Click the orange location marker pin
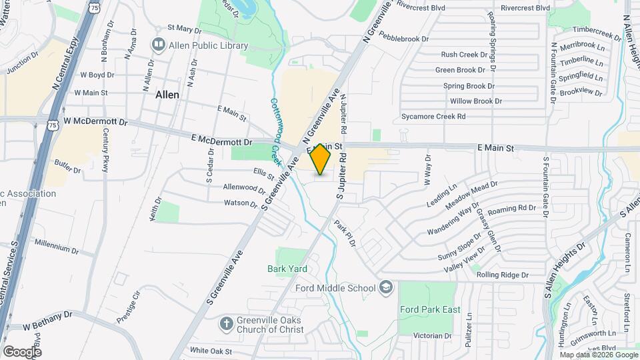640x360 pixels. point(321,159)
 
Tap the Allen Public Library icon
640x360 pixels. point(159,45)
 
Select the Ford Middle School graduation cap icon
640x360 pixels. point(385,288)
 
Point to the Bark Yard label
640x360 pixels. point(287,269)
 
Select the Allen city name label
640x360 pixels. point(167,95)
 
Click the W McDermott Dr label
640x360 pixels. point(95,122)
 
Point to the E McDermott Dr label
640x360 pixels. point(221,141)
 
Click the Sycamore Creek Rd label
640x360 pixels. point(433,116)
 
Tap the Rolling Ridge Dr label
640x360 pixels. point(502,275)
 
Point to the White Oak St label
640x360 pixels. point(211,351)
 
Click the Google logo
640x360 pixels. point(22,351)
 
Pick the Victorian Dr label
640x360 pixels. point(433,335)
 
